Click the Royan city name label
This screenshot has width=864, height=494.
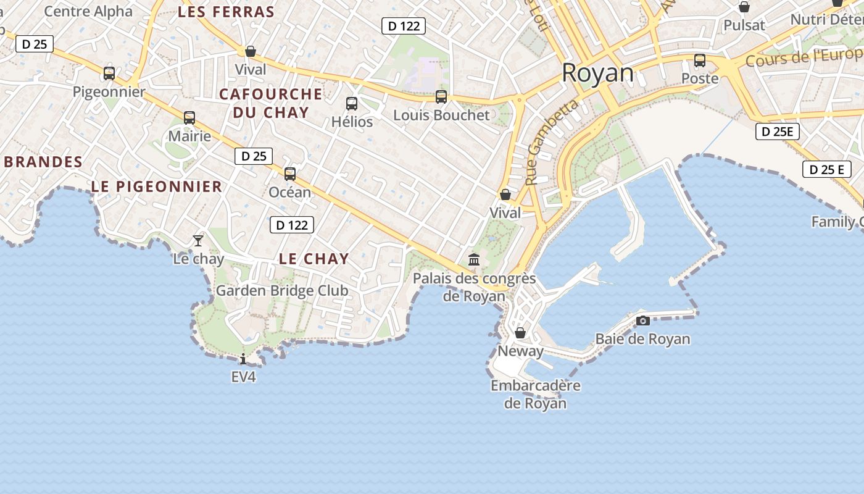coord(597,73)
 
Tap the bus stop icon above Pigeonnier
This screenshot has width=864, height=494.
coord(109,73)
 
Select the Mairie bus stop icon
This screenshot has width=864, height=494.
coord(189,118)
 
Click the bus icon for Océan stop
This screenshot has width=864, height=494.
coord(290,174)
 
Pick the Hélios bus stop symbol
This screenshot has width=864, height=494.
coord(352,104)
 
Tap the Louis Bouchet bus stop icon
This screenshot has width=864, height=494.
coord(441,97)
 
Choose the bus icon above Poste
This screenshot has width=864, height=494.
coord(700,61)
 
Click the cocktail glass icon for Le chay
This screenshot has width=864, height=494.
coord(198,240)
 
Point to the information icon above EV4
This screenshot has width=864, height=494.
coord(243,359)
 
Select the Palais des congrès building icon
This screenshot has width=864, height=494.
coord(474,259)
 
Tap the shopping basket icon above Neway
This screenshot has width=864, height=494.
coord(520,333)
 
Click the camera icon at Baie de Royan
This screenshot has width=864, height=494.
coord(643,320)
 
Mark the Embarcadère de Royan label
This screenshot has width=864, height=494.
coord(536,395)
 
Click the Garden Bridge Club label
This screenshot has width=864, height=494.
coord(282,290)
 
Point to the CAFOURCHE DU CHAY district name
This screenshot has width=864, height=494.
coord(270,103)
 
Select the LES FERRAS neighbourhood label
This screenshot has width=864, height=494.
coord(226,12)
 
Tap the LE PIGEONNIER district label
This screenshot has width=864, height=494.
coord(157,186)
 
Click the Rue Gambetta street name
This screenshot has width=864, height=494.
coord(552,143)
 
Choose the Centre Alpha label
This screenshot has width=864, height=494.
coord(88,11)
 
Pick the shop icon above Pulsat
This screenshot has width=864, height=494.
coord(744,7)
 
